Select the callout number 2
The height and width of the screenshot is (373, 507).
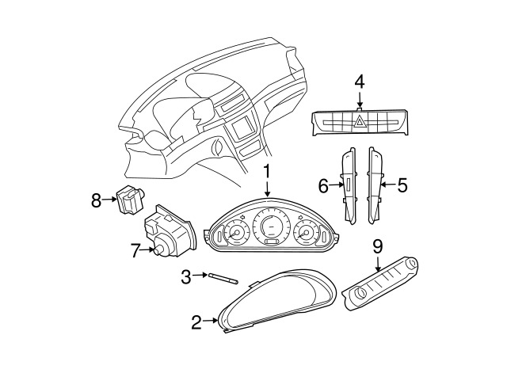[196, 322]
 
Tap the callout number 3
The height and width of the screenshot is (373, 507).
[186, 276]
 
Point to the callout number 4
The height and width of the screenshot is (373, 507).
[360, 81]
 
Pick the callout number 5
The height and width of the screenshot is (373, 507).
[402, 186]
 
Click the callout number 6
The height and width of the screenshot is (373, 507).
[323, 186]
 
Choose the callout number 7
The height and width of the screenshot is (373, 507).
[135, 251]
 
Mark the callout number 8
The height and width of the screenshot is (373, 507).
[97, 200]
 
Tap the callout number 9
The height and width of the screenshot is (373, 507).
[378, 245]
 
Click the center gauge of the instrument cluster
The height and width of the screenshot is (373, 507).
[269, 230]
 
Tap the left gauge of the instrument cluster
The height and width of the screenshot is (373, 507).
[234, 234]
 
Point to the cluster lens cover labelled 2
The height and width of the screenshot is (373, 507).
[277, 301]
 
